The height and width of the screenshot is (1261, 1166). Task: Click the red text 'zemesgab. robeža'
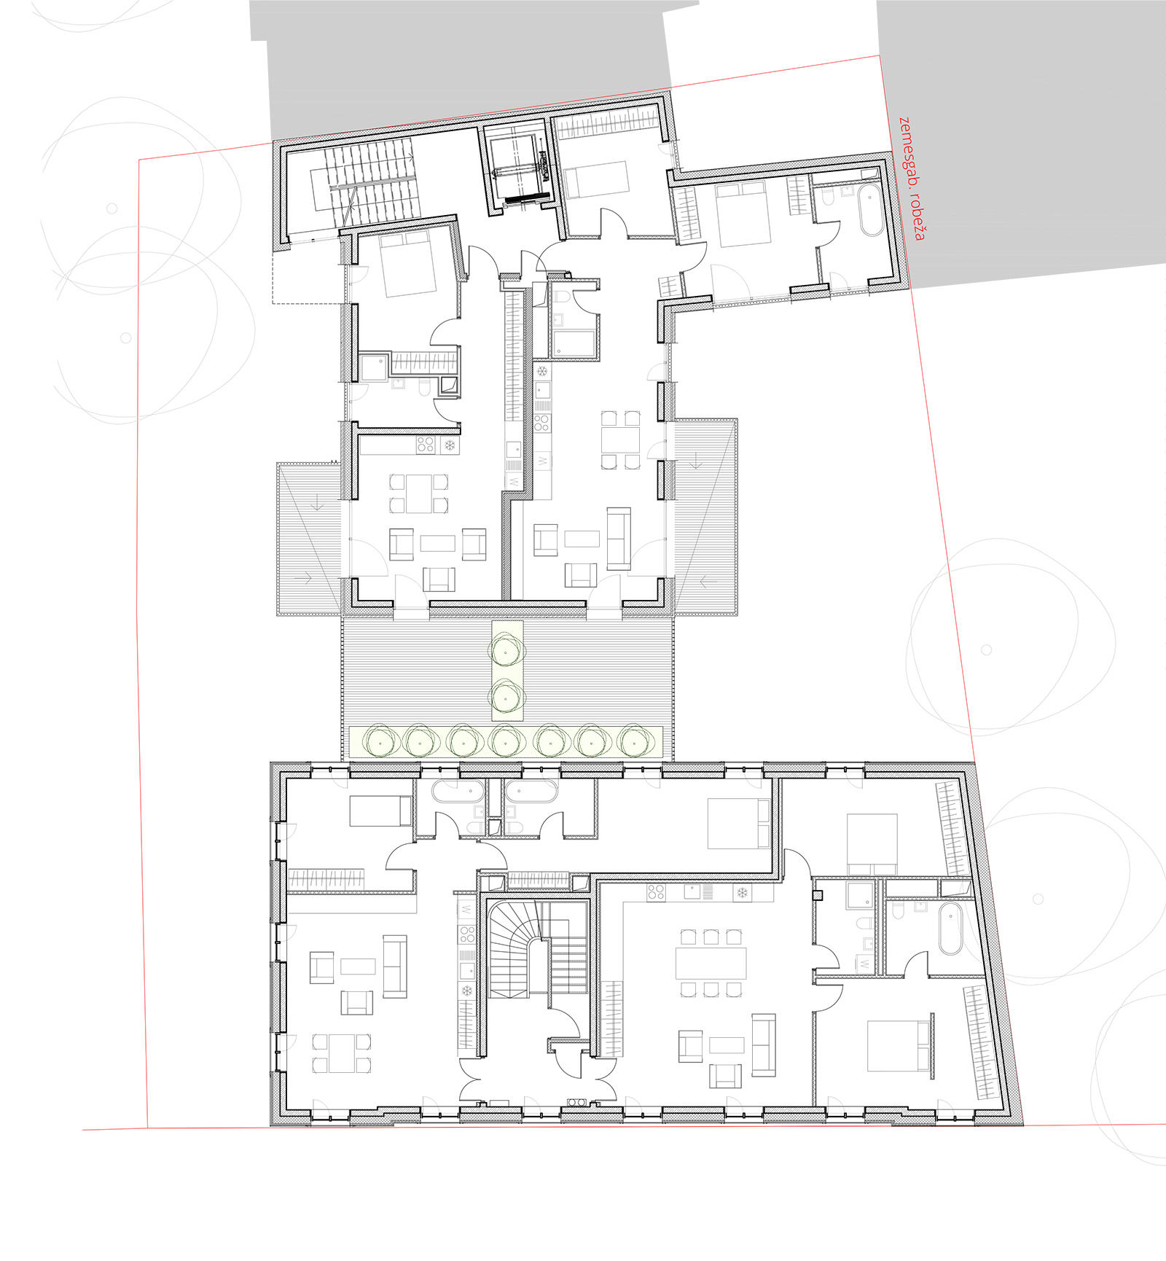point(912,178)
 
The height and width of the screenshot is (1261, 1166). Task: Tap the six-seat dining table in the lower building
point(711,963)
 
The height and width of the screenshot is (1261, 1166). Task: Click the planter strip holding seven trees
point(506,742)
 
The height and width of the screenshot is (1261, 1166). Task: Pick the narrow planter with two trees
point(507,671)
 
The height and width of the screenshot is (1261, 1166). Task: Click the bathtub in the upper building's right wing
point(870,211)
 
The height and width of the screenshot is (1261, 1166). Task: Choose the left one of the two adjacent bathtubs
point(458,792)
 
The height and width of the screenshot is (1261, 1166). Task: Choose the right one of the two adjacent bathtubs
point(531,792)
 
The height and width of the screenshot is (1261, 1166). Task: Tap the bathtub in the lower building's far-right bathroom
point(950,929)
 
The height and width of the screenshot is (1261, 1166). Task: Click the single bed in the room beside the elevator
point(596,179)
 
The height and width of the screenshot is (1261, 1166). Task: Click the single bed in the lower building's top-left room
point(380,811)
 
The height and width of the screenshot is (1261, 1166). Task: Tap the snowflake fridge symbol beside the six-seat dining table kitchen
point(742,893)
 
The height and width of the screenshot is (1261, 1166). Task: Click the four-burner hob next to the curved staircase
point(467,934)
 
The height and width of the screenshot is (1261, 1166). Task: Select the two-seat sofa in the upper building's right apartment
point(619,539)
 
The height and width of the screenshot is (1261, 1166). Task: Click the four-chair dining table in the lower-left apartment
point(342,1053)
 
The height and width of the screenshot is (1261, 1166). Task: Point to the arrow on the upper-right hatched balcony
point(697,461)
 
